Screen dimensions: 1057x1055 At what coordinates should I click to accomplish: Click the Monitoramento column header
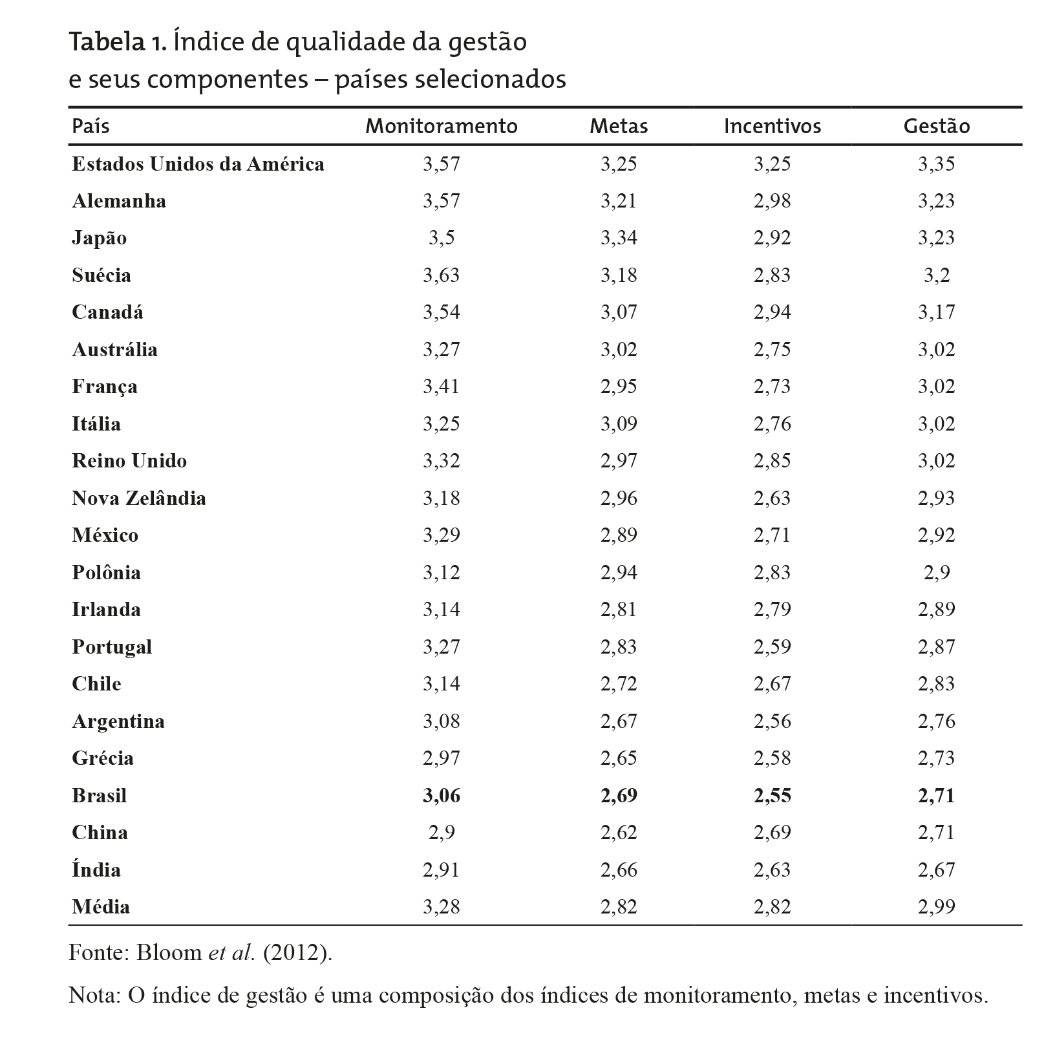tap(442, 126)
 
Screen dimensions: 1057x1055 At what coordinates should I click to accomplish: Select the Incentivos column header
tap(772, 126)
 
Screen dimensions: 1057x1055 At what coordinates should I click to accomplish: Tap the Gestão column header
tap(936, 126)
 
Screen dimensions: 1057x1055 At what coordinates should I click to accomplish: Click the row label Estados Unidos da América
tap(198, 164)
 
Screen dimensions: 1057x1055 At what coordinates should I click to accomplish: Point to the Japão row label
tap(99, 238)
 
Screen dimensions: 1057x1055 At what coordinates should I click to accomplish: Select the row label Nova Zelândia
tap(139, 498)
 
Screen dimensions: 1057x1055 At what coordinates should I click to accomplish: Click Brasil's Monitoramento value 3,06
tap(442, 796)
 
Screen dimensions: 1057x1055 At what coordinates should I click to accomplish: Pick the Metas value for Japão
tap(619, 238)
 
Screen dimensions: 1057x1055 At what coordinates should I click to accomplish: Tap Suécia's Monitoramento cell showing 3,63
tap(442, 275)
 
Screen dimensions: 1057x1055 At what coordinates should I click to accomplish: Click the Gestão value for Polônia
tap(936, 573)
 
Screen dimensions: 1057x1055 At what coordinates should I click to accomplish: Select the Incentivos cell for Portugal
tap(772, 647)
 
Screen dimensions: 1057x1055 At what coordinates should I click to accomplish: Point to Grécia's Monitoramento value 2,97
tap(442, 758)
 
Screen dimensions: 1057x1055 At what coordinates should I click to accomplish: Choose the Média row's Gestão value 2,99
tap(936, 907)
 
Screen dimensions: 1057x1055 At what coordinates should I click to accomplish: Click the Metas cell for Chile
tap(619, 684)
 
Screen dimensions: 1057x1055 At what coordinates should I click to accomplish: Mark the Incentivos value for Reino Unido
tap(772, 461)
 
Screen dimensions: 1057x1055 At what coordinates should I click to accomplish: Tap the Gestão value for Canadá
tap(936, 312)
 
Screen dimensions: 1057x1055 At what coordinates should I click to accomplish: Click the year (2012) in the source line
tap(297, 954)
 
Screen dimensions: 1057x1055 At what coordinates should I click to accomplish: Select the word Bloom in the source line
tap(168, 954)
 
